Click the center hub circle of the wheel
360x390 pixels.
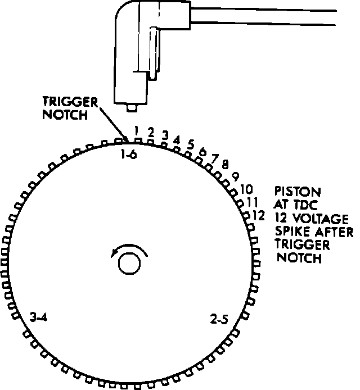[x=130, y=263]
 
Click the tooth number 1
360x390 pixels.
[x=137, y=130]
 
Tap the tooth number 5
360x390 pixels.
[x=191, y=144]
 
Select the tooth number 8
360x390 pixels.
[x=224, y=164]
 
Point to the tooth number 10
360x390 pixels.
[x=246, y=189]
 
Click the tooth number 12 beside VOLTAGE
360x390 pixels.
[x=258, y=214]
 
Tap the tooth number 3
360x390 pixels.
[x=165, y=134]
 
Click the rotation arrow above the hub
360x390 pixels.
[x=130, y=251]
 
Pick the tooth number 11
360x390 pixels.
[x=252, y=201]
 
